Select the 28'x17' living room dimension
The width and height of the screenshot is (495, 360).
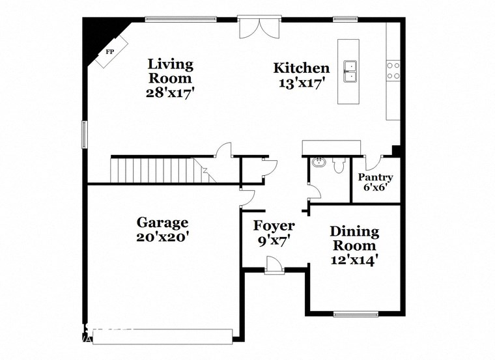pyautogui.click(x=170, y=92)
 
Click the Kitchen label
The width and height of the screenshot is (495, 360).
pyautogui.click(x=300, y=68)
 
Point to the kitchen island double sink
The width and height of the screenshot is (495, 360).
pyautogui.click(x=351, y=71)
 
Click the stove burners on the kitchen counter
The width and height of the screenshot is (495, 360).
pyautogui.click(x=393, y=70)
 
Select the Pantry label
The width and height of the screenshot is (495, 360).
pyautogui.click(x=376, y=177)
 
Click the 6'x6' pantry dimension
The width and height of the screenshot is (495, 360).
pyautogui.click(x=376, y=189)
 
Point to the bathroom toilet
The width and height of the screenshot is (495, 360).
pyautogui.click(x=337, y=167)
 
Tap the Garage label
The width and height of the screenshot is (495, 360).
pyautogui.click(x=162, y=223)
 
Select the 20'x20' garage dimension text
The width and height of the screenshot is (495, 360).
pyautogui.click(x=162, y=238)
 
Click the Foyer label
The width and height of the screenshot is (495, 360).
pyautogui.click(x=274, y=226)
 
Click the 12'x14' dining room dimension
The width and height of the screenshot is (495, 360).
pyautogui.click(x=354, y=260)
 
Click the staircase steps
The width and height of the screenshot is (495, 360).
pyautogui.click(x=156, y=171)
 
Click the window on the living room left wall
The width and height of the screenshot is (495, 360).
pyautogui.click(x=83, y=133)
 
